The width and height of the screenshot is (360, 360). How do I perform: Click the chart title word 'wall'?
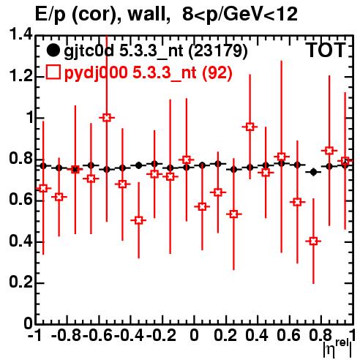point(149,14)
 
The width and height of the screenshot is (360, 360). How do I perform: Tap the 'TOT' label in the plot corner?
point(326,50)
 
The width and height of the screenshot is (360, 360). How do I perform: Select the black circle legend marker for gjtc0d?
point(53,51)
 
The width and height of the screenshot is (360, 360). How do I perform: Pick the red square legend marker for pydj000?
point(53,72)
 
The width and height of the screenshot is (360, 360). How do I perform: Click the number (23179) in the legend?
point(218,51)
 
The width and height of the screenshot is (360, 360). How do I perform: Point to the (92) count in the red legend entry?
point(217,73)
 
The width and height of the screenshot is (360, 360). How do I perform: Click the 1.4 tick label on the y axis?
point(20,34)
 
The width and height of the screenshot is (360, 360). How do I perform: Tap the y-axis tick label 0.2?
point(20,282)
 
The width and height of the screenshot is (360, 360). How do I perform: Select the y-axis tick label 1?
point(29,118)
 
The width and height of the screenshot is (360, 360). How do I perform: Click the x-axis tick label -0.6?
point(97,335)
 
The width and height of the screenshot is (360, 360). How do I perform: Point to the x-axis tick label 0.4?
point(257,335)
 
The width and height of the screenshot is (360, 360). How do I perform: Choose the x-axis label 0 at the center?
point(194,335)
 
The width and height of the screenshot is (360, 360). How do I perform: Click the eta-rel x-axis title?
point(337,348)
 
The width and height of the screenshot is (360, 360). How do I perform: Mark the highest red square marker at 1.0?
point(107,118)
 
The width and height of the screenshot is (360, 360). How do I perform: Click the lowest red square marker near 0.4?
point(313,241)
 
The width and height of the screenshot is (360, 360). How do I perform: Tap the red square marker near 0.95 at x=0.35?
point(250,127)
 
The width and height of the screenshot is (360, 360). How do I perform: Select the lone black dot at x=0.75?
point(314,172)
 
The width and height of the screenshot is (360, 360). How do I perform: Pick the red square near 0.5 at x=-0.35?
point(138,220)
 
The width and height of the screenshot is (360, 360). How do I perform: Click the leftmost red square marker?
point(43,188)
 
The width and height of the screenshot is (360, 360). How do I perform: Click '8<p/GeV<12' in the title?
point(240,15)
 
